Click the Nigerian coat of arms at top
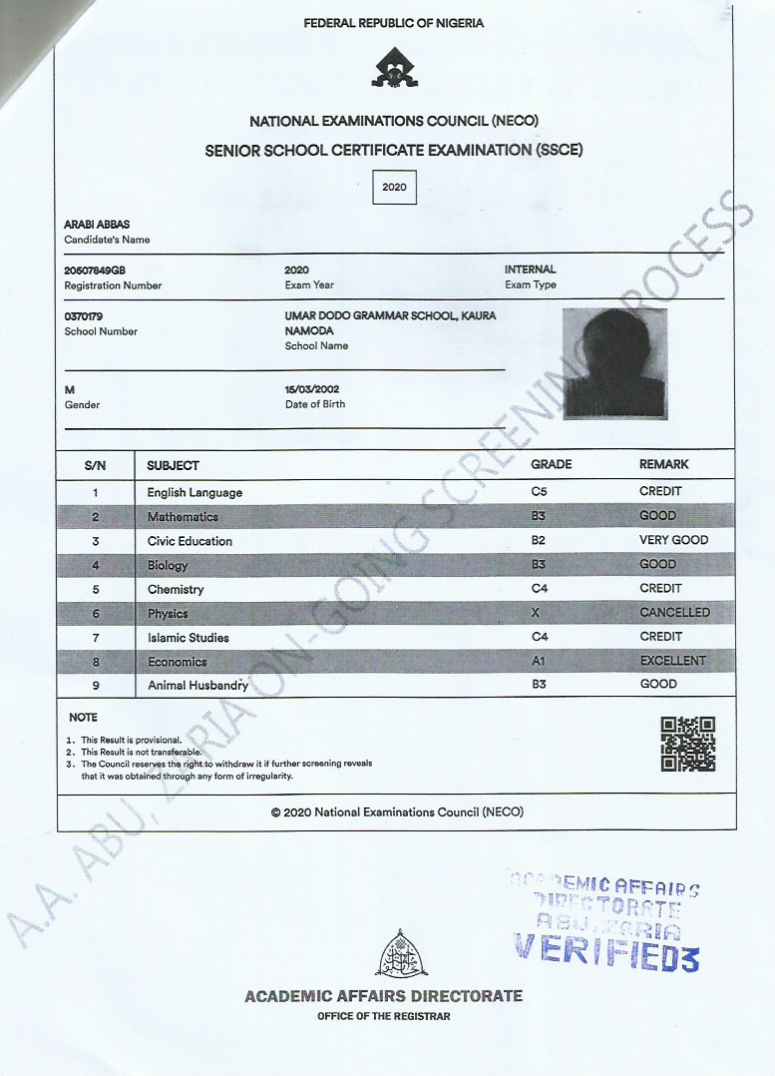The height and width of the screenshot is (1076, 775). (394, 68)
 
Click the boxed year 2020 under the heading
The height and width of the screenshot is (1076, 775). (394, 187)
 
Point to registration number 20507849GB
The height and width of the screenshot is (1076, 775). (95, 270)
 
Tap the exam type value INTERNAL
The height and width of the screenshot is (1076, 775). (530, 269)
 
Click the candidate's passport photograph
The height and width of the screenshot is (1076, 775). (614, 362)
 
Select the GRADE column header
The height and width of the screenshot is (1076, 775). (552, 465)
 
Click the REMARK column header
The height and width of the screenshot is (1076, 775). (663, 465)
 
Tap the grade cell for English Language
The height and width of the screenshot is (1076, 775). (540, 492)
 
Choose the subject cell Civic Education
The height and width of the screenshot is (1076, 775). (190, 541)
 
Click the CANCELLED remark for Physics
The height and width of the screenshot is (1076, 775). (674, 612)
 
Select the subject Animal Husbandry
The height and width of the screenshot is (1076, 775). (197, 686)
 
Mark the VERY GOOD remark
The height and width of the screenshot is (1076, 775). (673, 540)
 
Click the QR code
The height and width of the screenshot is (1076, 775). (688, 744)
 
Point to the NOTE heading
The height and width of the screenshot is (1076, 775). (83, 718)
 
